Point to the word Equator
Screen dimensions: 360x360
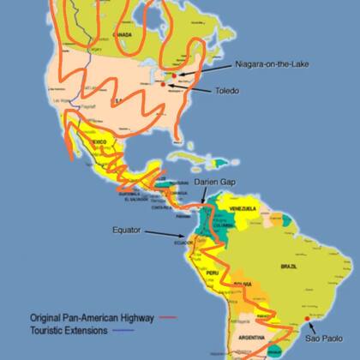(127, 230)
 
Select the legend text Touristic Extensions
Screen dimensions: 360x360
(67, 329)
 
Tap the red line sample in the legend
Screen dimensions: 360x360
(167, 316)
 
